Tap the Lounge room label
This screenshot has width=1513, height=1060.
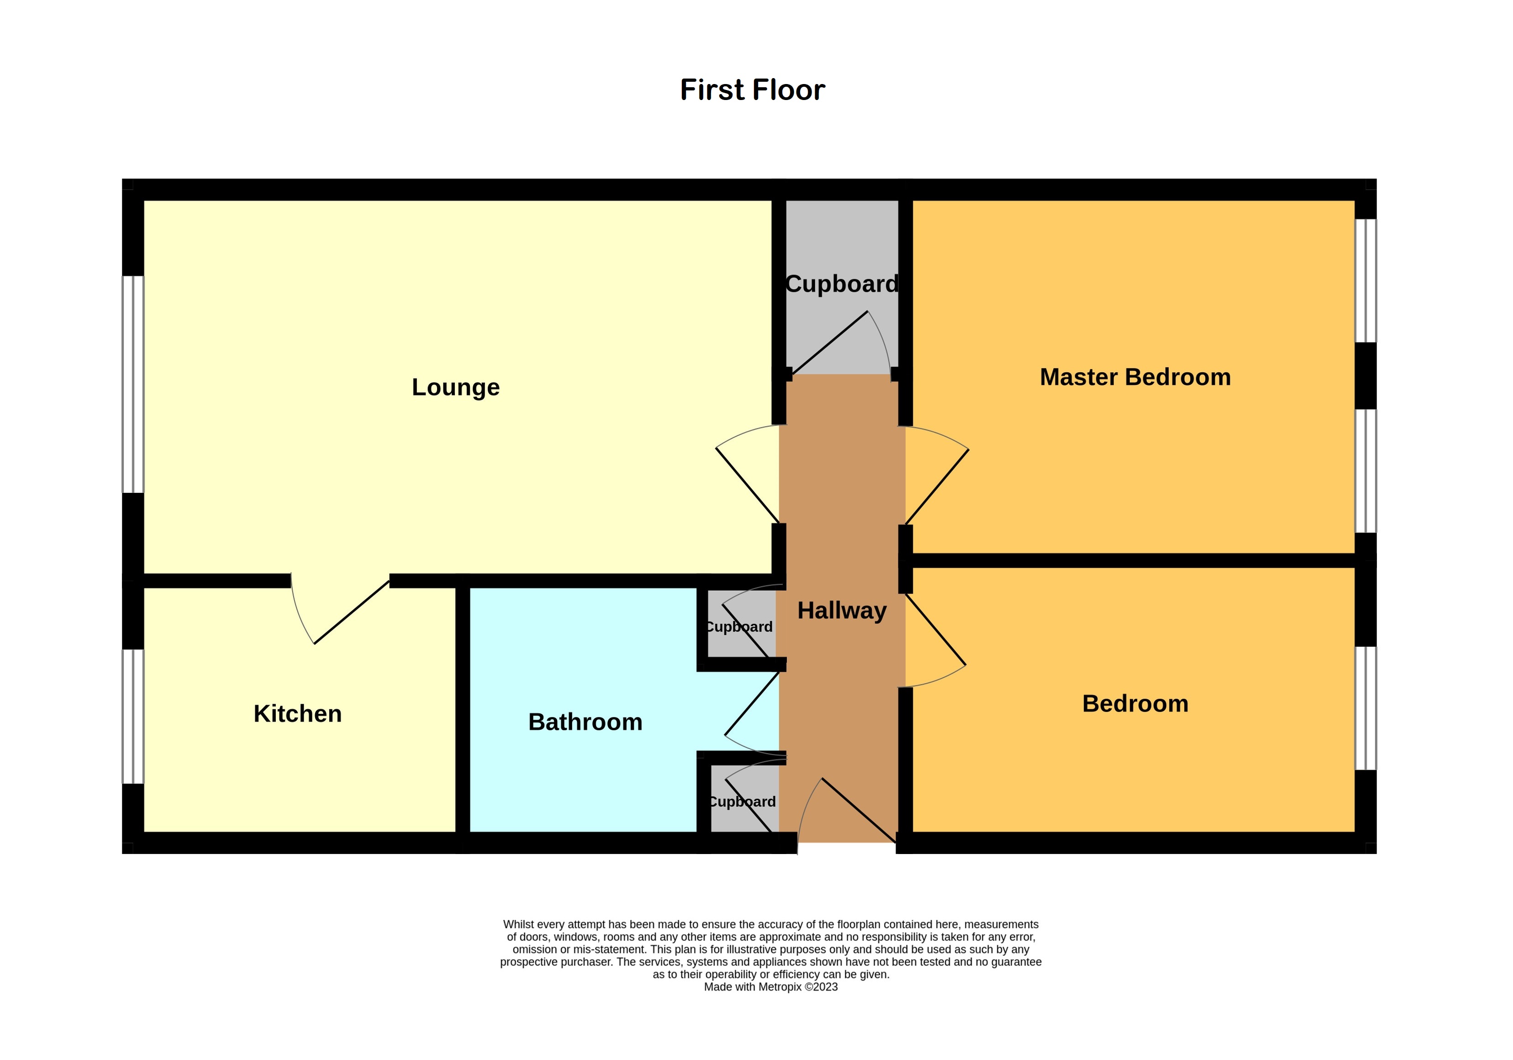pos(455,387)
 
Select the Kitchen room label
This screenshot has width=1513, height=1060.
pos(298,713)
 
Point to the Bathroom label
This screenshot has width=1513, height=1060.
pos(585,722)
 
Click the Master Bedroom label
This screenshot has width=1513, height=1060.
pos(1135,377)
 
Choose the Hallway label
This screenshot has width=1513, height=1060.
pos(842,611)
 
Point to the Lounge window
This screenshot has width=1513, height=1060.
pos(133,384)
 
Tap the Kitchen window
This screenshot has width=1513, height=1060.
pos(133,716)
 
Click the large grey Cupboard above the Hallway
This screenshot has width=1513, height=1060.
pos(842,286)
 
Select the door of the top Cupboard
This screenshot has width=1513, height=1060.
pos(840,343)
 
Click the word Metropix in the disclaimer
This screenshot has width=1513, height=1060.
pos(780,987)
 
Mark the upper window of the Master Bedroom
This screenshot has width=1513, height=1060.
pos(1365,281)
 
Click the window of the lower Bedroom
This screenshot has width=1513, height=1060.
pos(1365,708)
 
